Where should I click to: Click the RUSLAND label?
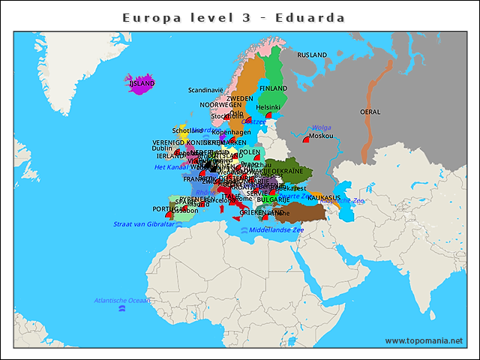[x=312, y=55]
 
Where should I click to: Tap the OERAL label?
[x=370, y=112]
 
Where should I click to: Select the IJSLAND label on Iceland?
[x=142, y=84]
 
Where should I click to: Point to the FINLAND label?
[x=273, y=88]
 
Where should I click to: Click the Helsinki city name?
[x=268, y=107]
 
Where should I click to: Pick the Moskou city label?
[x=321, y=136]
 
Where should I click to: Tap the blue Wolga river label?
[x=321, y=127]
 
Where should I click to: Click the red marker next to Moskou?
[x=306, y=139]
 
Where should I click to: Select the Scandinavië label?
[x=205, y=90]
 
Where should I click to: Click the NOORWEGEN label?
[x=220, y=105]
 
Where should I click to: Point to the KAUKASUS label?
[x=325, y=197]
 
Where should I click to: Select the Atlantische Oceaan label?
[x=121, y=301]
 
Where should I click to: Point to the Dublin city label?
[x=162, y=148]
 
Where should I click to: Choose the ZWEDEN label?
[x=240, y=99]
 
